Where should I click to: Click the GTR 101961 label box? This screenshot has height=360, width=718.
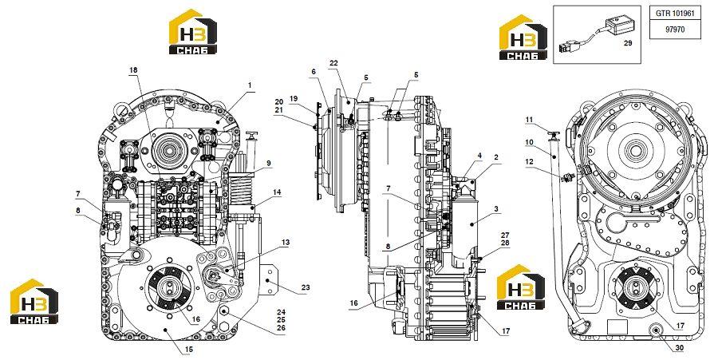click(x=675, y=14)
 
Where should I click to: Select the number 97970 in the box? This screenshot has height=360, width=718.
click(x=675, y=30)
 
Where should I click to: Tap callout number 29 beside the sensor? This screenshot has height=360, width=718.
click(x=628, y=42)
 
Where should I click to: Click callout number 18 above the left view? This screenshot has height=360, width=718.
click(x=133, y=69)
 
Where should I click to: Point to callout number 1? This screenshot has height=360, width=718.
click(x=250, y=85)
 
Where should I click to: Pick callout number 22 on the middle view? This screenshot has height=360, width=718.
click(x=333, y=63)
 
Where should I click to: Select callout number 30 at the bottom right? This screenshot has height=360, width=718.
click(x=680, y=348)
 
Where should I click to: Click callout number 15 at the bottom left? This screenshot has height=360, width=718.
click(x=188, y=350)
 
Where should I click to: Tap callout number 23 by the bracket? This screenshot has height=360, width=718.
click(x=306, y=287)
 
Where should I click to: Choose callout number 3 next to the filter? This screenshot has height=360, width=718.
click(x=496, y=209)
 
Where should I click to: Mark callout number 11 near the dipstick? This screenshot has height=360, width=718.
click(x=530, y=120)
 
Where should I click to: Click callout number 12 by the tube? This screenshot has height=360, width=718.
click(x=530, y=162)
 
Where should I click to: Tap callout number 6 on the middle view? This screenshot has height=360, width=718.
click(x=314, y=72)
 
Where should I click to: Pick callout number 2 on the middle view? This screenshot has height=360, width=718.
click(x=496, y=157)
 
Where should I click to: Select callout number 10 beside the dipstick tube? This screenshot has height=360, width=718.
click(x=530, y=142)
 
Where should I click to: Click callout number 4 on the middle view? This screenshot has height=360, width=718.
click(x=479, y=156)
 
